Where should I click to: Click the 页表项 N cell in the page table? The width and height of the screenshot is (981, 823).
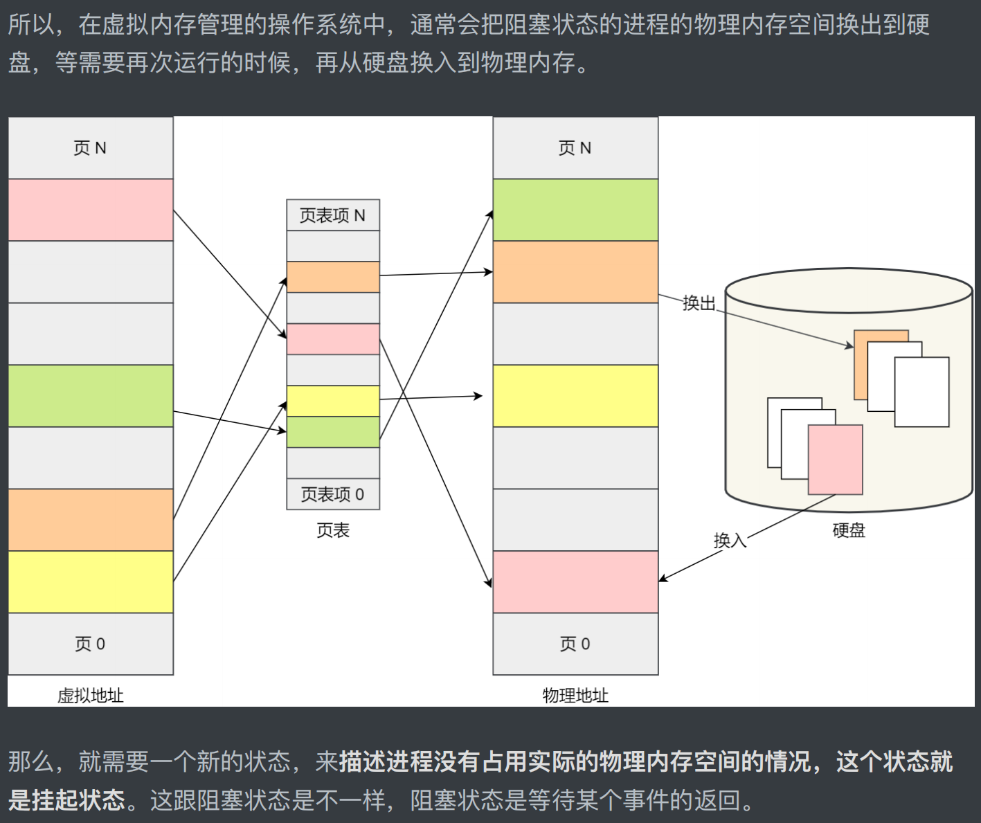click(333, 215)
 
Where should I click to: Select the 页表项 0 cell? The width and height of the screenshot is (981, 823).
click(333, 494)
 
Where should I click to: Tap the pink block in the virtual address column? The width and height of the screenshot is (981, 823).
click(91, 210)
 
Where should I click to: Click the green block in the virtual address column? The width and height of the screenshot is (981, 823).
click(91, 396)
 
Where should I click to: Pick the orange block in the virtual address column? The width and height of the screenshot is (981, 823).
click(91, 520)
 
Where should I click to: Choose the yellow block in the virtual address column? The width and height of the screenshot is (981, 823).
click(91, 581)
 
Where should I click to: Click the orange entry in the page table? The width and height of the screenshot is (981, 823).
click(333, 277)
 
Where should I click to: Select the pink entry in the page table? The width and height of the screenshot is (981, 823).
click(333, 339)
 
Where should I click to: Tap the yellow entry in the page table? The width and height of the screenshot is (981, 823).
click(333, 401)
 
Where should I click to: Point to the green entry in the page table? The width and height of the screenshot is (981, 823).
click(333, 432)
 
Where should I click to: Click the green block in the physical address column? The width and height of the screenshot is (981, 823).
click(575, 210)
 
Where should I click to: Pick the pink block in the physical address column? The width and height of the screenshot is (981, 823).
click(575, 581)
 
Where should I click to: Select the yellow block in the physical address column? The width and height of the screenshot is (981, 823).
click(575, 396)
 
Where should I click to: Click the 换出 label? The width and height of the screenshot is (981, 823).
click(699, 303)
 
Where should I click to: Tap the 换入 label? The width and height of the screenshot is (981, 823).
click(730, 540)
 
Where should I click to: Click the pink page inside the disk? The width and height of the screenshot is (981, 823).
click(836, 460)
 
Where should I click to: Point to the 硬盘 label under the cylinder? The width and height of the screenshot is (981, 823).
click(849, 530)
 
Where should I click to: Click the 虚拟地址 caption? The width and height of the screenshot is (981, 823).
click(91, 695)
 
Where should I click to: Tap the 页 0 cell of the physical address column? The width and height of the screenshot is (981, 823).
click(575, 644)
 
